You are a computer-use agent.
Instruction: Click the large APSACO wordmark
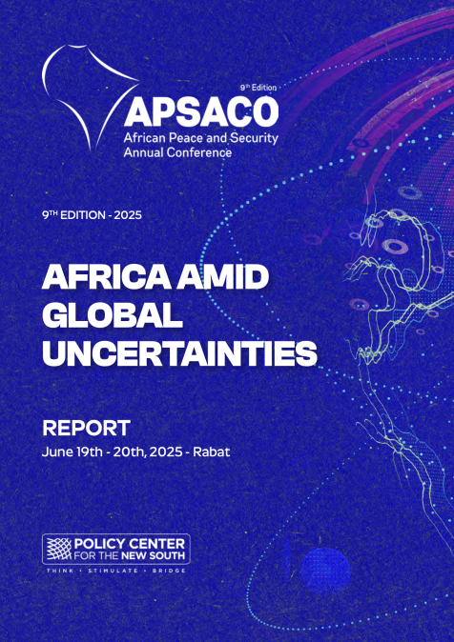(x=201, y=112)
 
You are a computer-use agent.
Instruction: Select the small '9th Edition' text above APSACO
(x=258, y=88)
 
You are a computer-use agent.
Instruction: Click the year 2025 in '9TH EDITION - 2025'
(x=128, y=215)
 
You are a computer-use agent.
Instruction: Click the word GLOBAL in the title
(x=113, y=315)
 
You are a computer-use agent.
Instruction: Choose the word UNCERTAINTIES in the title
(x=179, y=353)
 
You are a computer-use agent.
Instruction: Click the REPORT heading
(x=87, y=429)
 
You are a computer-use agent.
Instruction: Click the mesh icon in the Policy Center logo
(x=58, y=549)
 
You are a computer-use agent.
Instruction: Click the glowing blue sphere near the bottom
(x=325, y=571)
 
